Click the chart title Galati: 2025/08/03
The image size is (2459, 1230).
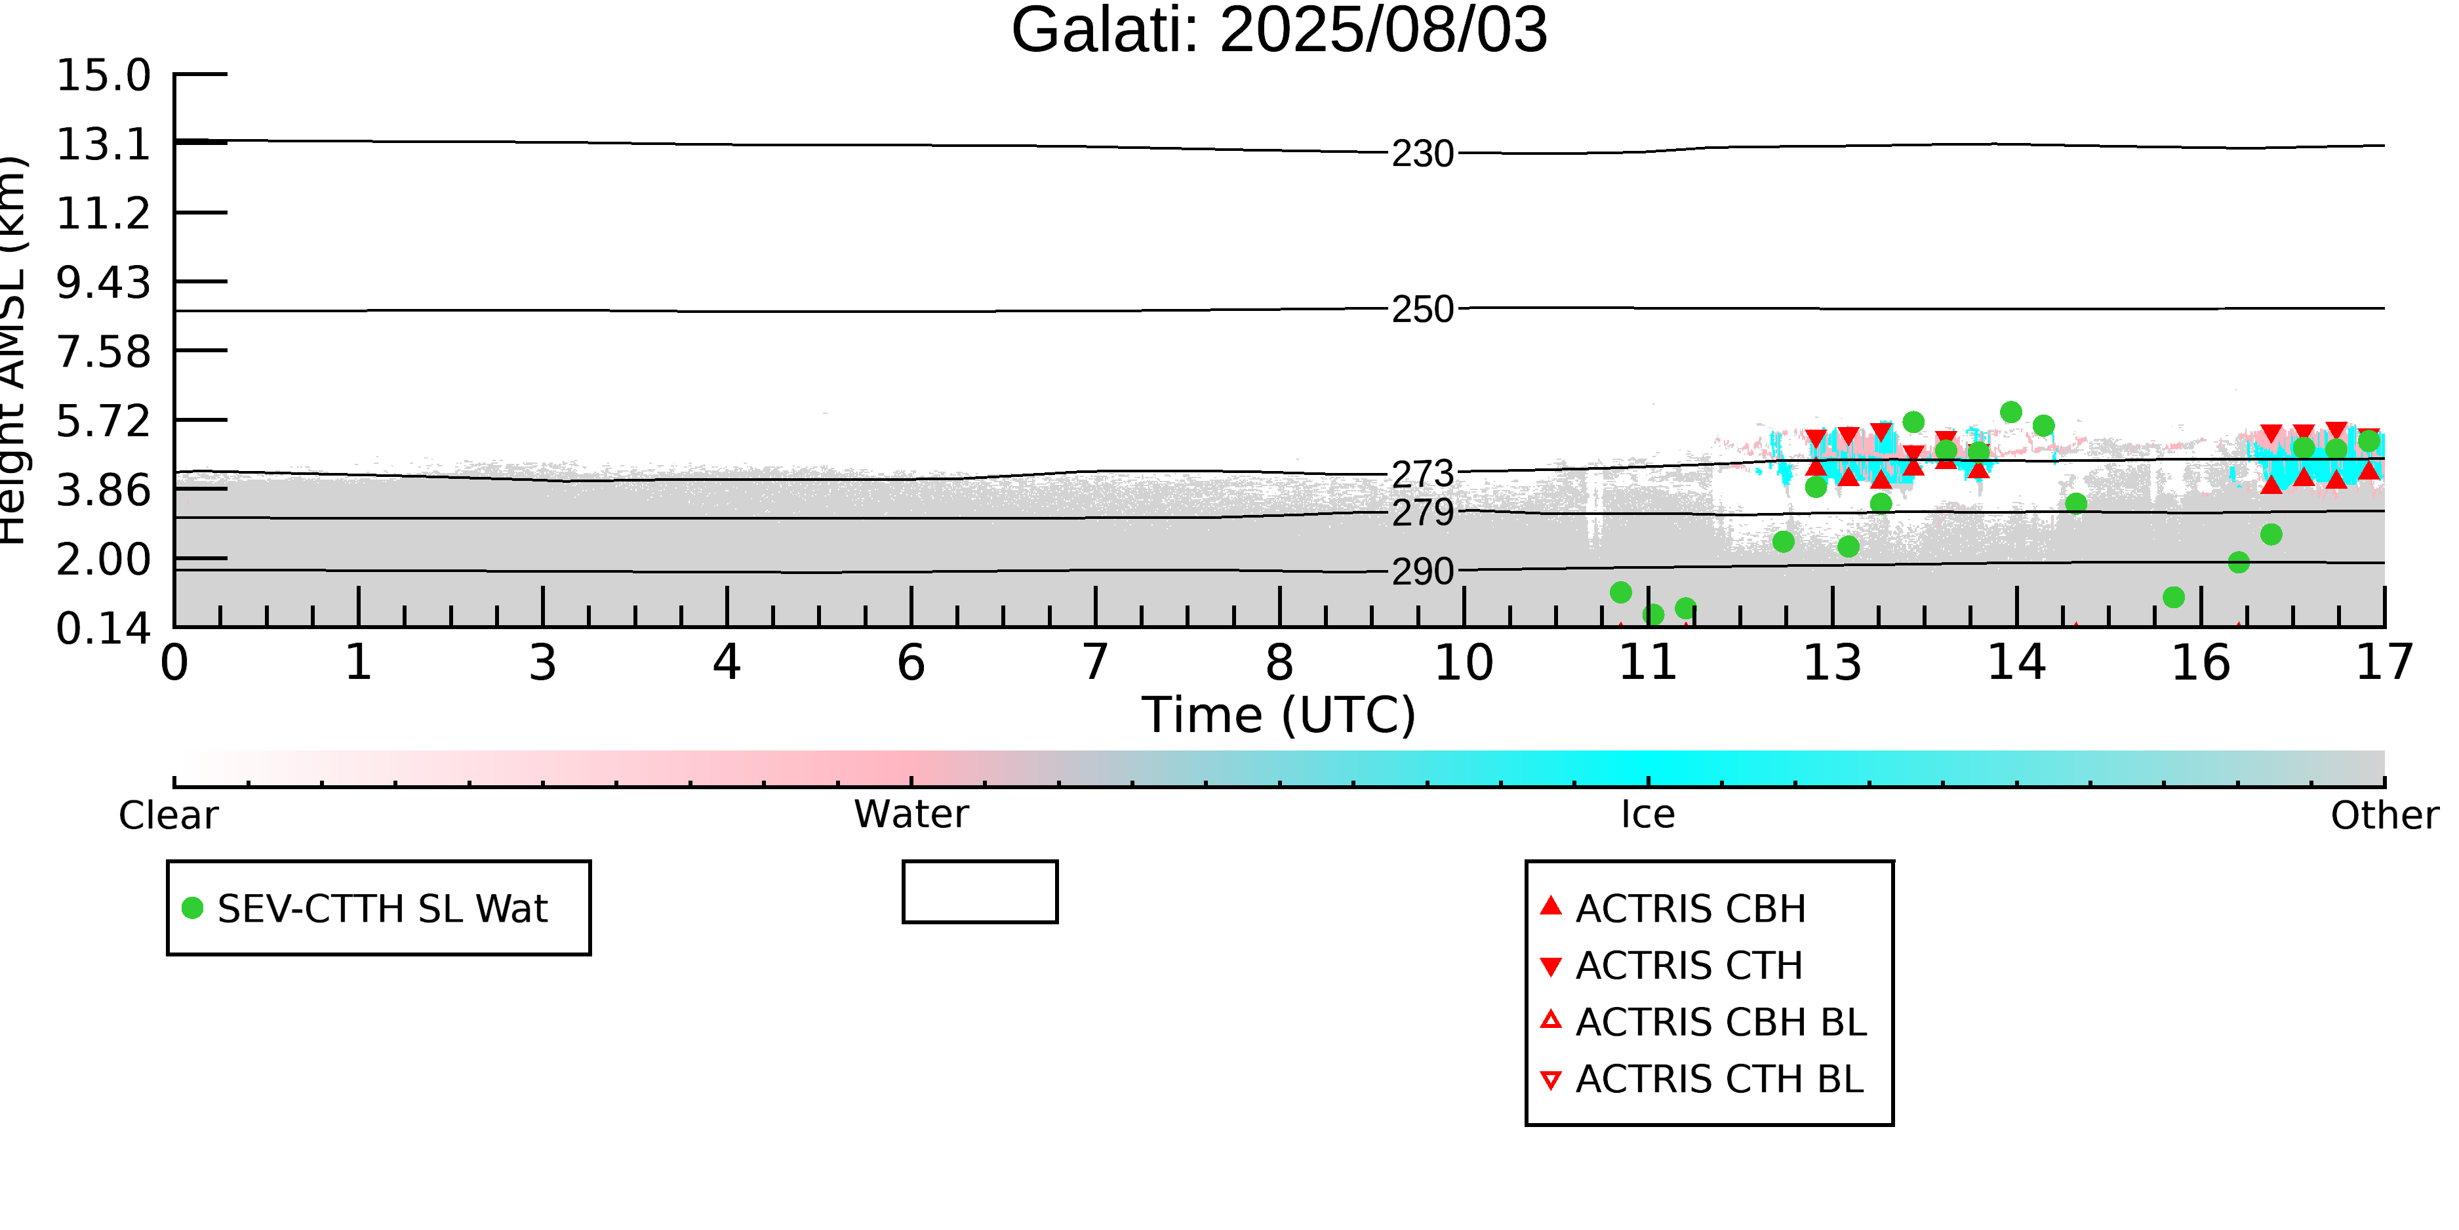click(1279, 31)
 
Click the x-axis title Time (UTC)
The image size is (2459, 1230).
click(1278, 715)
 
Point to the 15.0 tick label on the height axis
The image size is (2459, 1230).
click(103, 75)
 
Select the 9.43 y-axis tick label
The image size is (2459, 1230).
click(103, 283)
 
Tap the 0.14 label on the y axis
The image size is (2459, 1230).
click(103, 628)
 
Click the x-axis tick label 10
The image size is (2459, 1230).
click(1464, 663)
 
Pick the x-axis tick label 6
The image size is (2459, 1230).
click(911, 663)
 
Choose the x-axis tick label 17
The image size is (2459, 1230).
click(2384, 663)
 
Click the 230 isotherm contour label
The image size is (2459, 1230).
click(1422, 154)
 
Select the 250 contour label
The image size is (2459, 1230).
click(1422, 310)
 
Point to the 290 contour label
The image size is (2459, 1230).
click(1422, 572)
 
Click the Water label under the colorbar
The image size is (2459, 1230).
click(911, 815)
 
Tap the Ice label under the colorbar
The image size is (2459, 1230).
click(1648, 815)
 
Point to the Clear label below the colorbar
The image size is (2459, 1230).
click(168, 815)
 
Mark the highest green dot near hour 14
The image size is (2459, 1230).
click(2011, 411)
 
